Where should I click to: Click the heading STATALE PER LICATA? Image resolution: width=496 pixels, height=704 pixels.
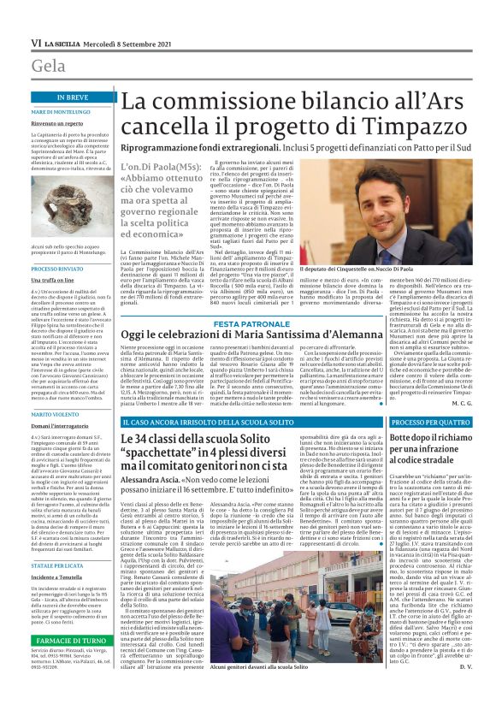point(61,541)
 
